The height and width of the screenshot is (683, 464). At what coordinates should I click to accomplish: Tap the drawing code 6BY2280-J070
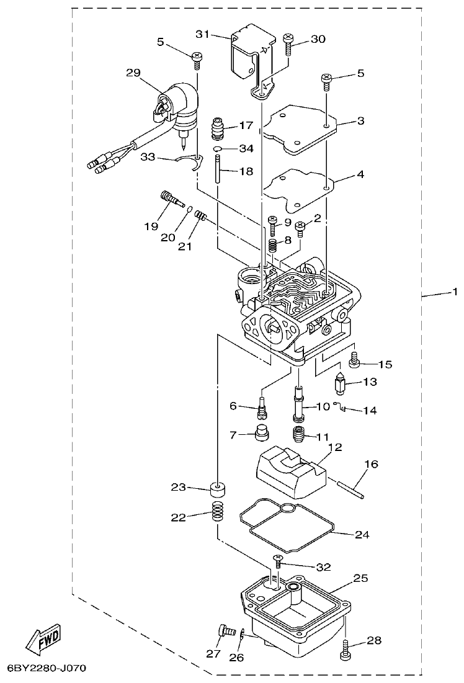(x=46, y=669)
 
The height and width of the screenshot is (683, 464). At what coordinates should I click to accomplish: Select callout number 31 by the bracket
(x=203, y=33)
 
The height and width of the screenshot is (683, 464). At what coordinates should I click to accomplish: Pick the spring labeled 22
(x=217, y=513)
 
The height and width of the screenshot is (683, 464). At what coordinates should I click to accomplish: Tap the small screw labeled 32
(x=277, y=561)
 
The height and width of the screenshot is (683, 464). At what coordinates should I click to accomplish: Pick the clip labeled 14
(x=339, y=408)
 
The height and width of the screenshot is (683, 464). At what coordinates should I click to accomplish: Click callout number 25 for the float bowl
(x=360, y=578)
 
